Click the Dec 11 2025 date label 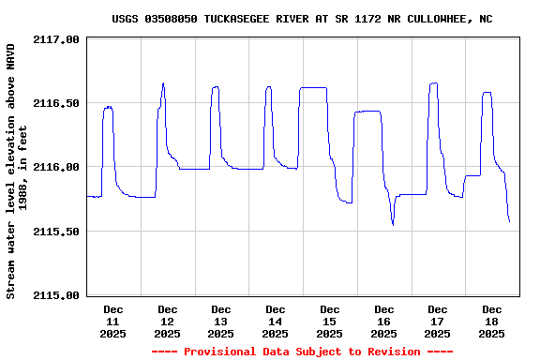(x=113, y=321)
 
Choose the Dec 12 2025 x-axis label (x=167, y=321)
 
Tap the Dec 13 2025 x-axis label (x=221, y=321)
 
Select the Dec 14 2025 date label (x=275, y=321)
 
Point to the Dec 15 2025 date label (x=329, y=321)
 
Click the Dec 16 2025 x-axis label (x=383, y=321)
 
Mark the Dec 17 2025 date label (x=437, y=321)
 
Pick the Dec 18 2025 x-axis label (x=491, y=321)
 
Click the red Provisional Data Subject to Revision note (x=302, y=352)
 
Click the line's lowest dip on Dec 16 (x=393, y=224)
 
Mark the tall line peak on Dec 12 (x=163, y=83)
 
